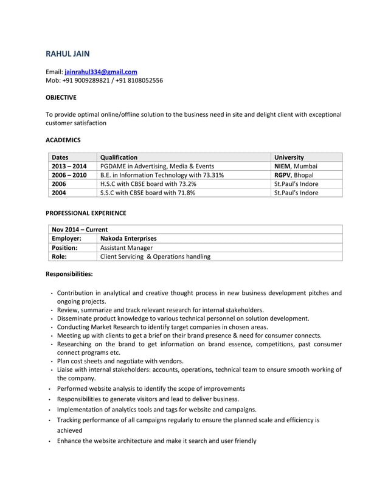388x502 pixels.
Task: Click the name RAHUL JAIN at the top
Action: coord(68,54)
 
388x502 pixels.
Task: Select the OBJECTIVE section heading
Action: coord(61,97)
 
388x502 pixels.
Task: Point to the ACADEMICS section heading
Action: coord(63,140)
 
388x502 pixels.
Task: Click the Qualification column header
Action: coord(119,157)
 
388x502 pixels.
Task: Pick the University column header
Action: coord(289,157)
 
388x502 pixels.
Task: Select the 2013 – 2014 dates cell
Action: coord(69,166)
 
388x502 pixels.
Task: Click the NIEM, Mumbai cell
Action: coord(296,166)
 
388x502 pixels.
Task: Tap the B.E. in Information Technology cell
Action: coord(162,175)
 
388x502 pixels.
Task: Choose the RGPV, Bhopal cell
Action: coord(294,175)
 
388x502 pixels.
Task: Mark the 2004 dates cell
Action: coord(59,193)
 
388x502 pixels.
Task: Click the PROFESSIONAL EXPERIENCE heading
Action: coord(86,213)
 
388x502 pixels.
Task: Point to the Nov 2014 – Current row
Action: coord(80,230)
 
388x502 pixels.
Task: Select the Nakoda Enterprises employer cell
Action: coord(128,239)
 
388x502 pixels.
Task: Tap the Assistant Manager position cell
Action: coord(126,248)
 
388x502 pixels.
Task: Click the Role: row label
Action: coord(59,256)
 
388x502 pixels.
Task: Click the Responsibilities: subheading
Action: coord(69,275)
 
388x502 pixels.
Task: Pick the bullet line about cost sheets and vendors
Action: coord(120,360)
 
